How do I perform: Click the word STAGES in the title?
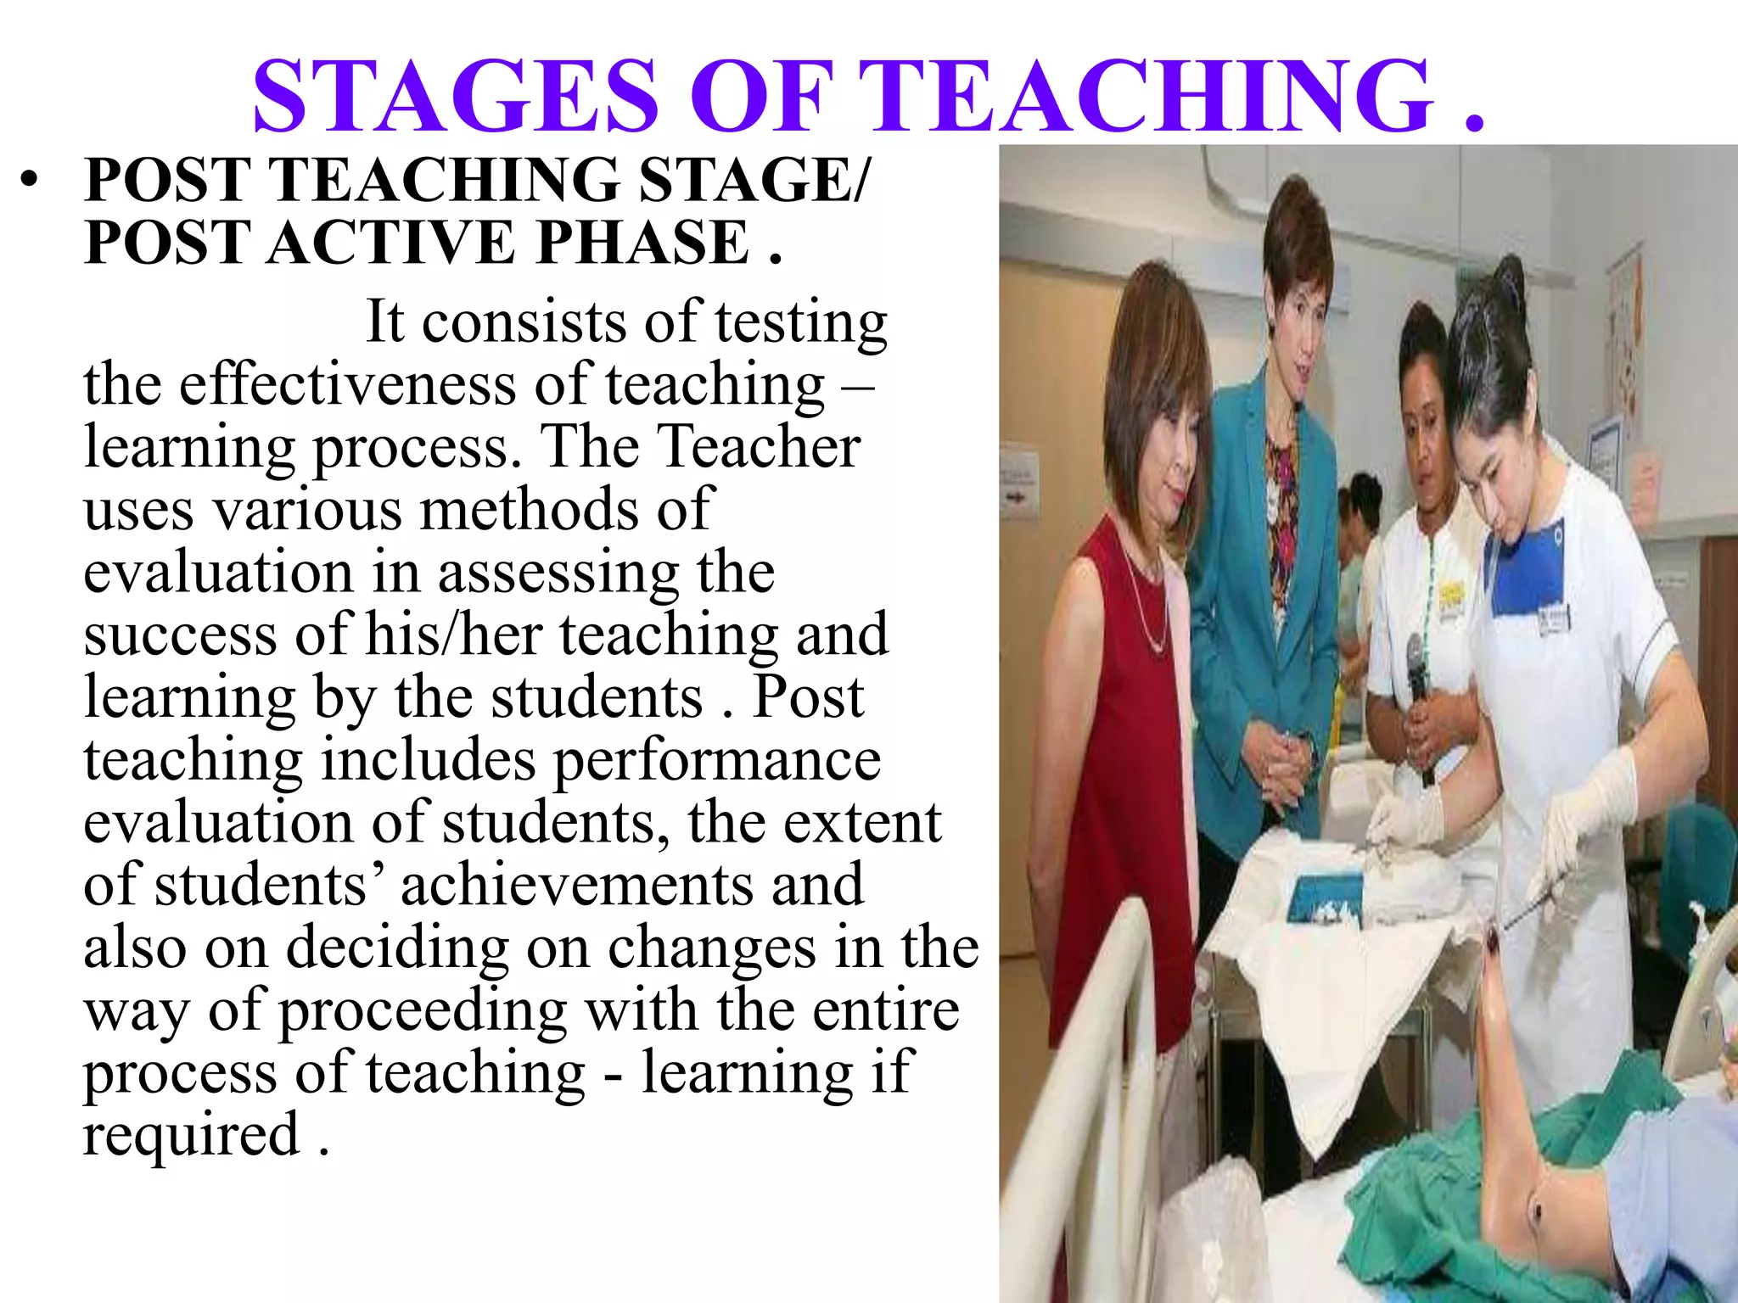[x=456, y=95]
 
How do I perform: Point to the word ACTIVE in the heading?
[x=391, y=243]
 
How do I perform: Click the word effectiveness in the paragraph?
[x=347, y=384]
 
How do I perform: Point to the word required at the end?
[x=191, y=1135]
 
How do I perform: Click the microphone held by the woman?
[x=1415, y=670]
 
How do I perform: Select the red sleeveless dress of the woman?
[x=1120, y=763]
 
